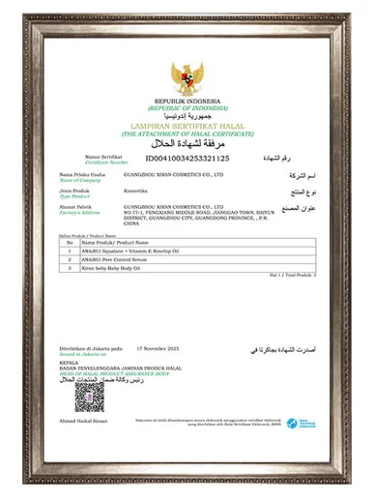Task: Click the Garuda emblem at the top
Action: point(187,78)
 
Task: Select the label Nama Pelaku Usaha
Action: point(81,172)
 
